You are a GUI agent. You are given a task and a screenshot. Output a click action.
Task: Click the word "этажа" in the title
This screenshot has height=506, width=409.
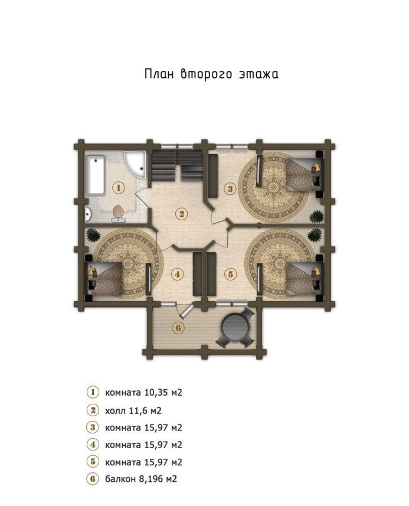point(259,74)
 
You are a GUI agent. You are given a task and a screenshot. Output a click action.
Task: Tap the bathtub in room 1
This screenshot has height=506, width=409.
point(96,175)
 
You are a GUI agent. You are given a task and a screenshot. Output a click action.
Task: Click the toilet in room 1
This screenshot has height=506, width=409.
point(118,214)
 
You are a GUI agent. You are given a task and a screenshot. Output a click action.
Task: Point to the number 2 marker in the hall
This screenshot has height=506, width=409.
point(182,214)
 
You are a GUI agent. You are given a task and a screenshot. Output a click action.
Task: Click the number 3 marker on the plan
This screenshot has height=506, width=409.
point(230,188)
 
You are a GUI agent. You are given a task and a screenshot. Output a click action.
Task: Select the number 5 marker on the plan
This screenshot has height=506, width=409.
point(230,274)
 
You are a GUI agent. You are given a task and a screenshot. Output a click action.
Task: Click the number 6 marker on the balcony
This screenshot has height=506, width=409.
point(178,328)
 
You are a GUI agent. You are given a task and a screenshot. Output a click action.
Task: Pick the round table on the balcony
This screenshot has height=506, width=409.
point(235,327)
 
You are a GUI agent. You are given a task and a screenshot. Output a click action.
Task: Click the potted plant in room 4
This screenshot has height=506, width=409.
point(93,234)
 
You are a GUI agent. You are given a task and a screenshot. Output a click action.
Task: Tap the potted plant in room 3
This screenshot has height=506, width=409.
point(316,217)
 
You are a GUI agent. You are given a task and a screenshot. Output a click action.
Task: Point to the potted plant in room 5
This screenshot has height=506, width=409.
point(315,234)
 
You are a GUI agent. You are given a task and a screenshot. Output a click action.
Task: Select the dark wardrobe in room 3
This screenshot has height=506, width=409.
point(213,176)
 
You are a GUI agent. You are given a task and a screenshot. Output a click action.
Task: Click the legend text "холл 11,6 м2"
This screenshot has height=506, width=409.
point(133,410)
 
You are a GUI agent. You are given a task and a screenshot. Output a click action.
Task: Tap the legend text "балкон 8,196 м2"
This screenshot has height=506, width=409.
point(141,479)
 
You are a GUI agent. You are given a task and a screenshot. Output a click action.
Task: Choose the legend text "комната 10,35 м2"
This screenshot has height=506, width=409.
point(143,393)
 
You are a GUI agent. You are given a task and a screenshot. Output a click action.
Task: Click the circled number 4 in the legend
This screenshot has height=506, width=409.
point(93,445)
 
